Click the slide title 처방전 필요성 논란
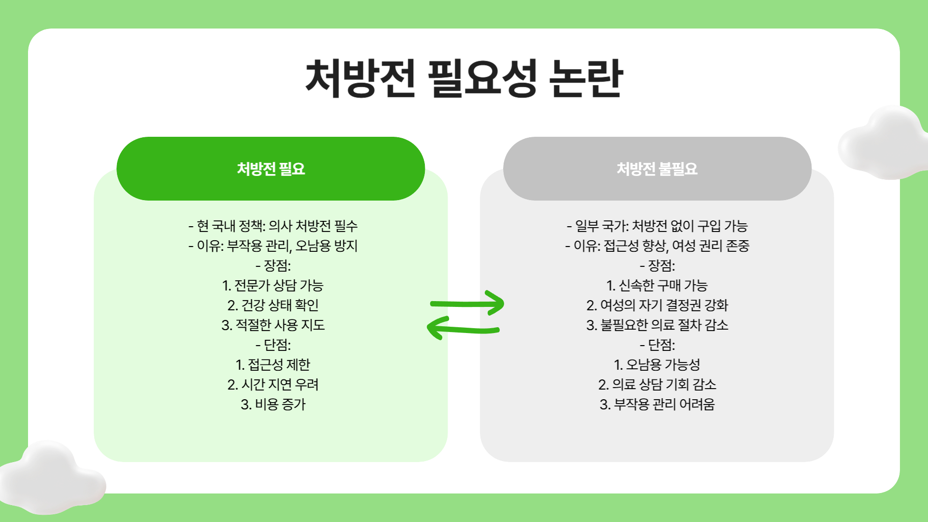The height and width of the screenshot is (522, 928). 464,78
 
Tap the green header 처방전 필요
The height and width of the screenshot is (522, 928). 271,169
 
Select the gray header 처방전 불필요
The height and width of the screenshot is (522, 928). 657,169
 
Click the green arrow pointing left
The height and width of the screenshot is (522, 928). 463,329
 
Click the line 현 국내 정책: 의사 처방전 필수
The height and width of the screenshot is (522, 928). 273,226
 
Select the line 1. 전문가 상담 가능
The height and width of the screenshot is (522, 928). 273,285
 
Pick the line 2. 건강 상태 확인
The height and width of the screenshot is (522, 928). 273,305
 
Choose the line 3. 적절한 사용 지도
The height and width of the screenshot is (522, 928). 273,325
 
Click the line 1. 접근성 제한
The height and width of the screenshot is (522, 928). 273,364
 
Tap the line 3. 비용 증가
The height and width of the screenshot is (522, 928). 273,404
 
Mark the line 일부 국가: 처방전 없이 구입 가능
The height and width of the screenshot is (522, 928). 657,226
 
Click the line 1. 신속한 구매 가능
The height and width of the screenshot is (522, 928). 657,285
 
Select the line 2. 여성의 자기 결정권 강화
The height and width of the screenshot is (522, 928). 657,305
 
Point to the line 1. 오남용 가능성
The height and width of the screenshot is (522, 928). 657,364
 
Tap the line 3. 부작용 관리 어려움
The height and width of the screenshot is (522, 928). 657,404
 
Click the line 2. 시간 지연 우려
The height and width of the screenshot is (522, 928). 273,384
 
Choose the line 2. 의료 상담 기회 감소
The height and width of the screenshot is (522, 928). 657,384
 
